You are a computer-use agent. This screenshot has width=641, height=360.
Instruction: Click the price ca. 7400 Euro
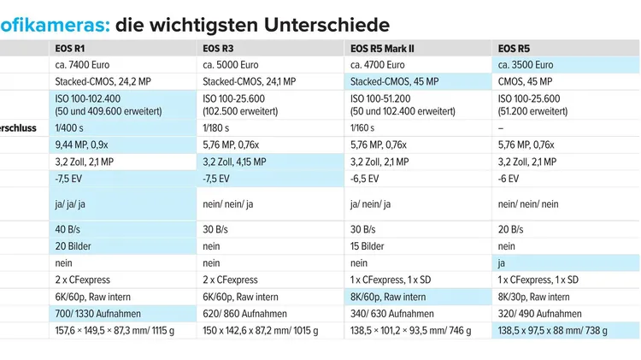coord(82,65)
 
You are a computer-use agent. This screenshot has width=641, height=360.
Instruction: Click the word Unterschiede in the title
coord(326,25)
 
